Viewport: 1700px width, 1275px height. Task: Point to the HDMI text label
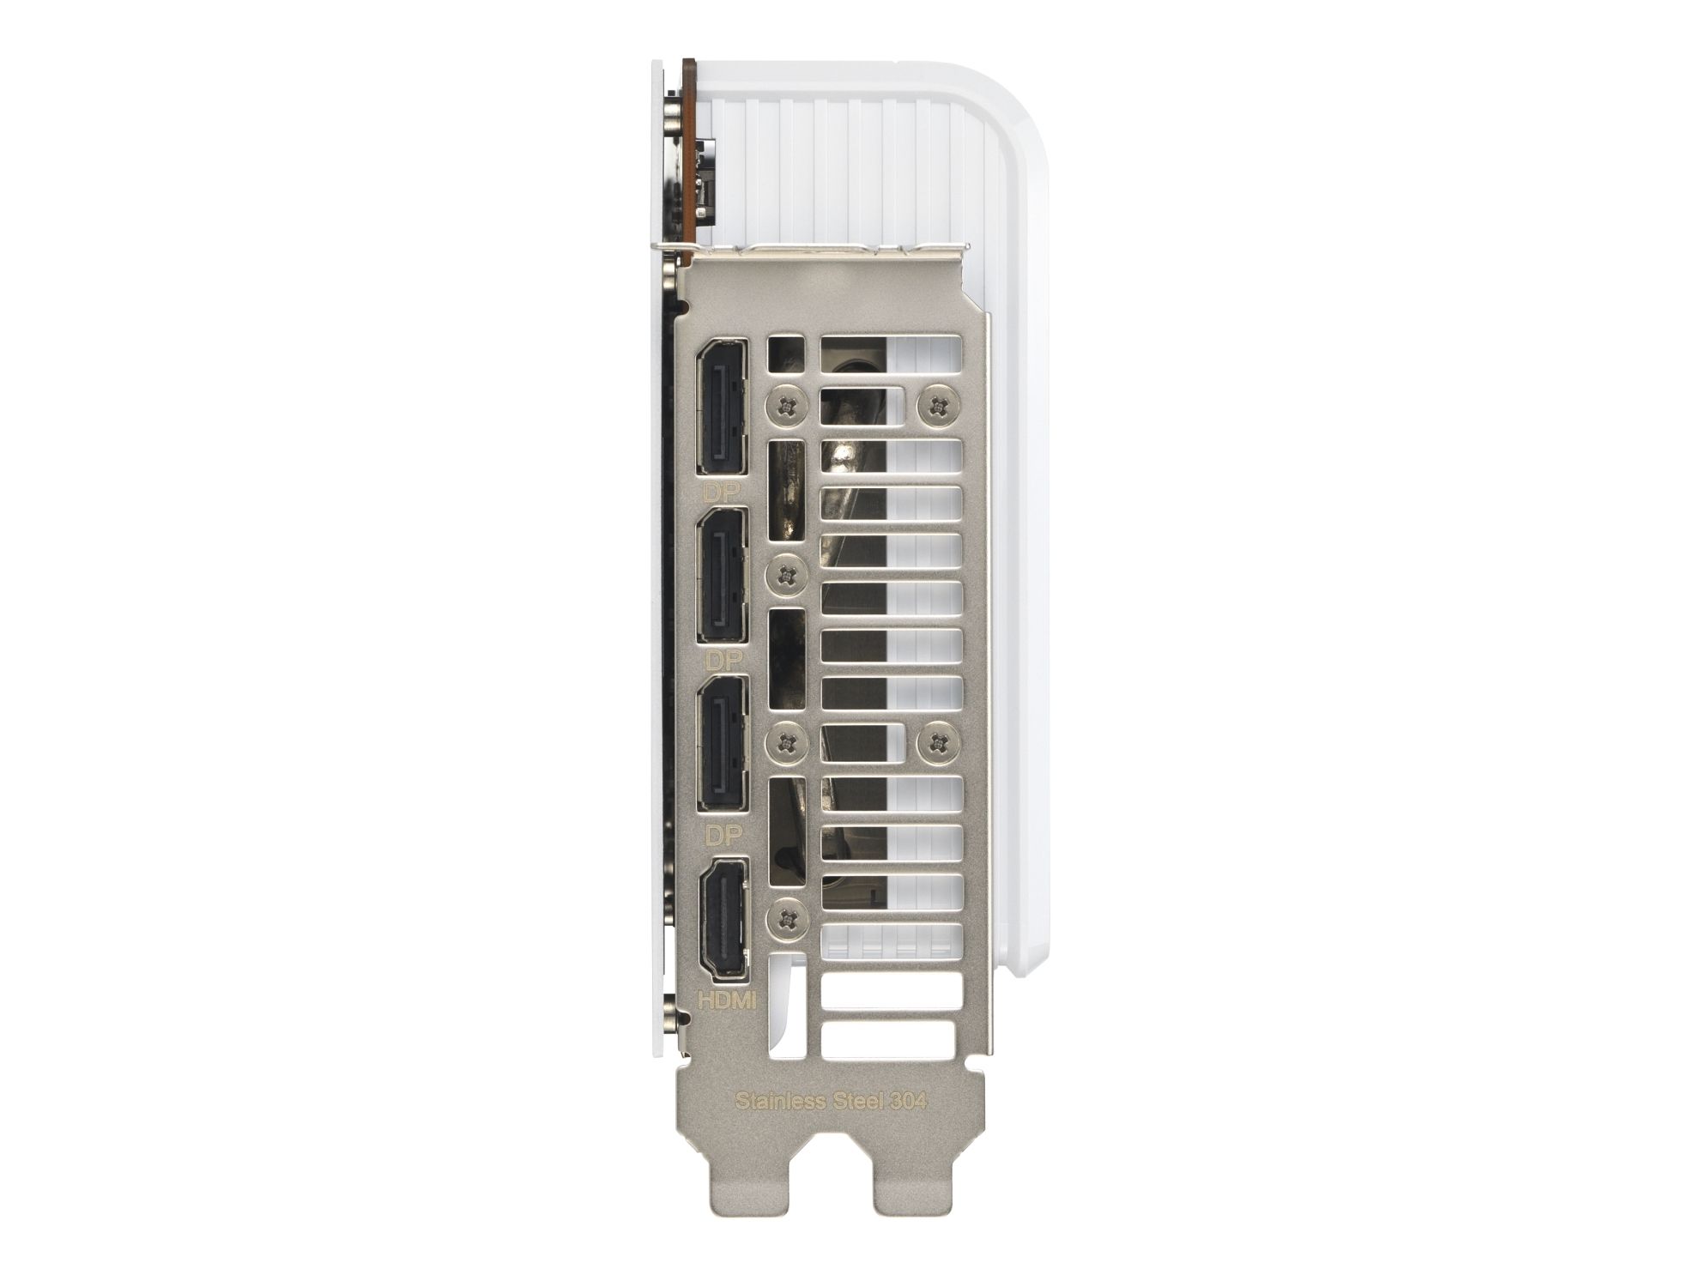tap(726, 999)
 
